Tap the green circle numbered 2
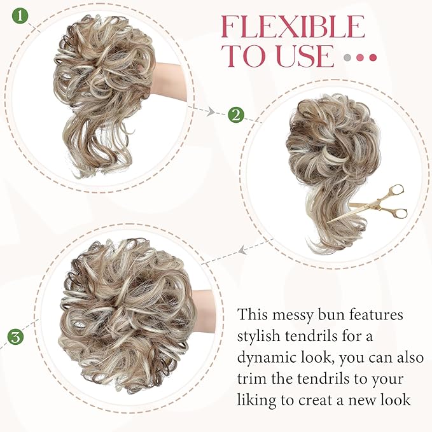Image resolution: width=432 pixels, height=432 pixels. [236, 115]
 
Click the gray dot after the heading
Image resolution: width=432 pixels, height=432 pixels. [347, 57]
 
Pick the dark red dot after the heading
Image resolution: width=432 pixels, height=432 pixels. [373, 57]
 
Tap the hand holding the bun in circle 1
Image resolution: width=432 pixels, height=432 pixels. [169, 80]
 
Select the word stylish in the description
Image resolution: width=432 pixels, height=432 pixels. [261, 336]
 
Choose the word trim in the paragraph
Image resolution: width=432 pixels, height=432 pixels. [253, 379]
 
